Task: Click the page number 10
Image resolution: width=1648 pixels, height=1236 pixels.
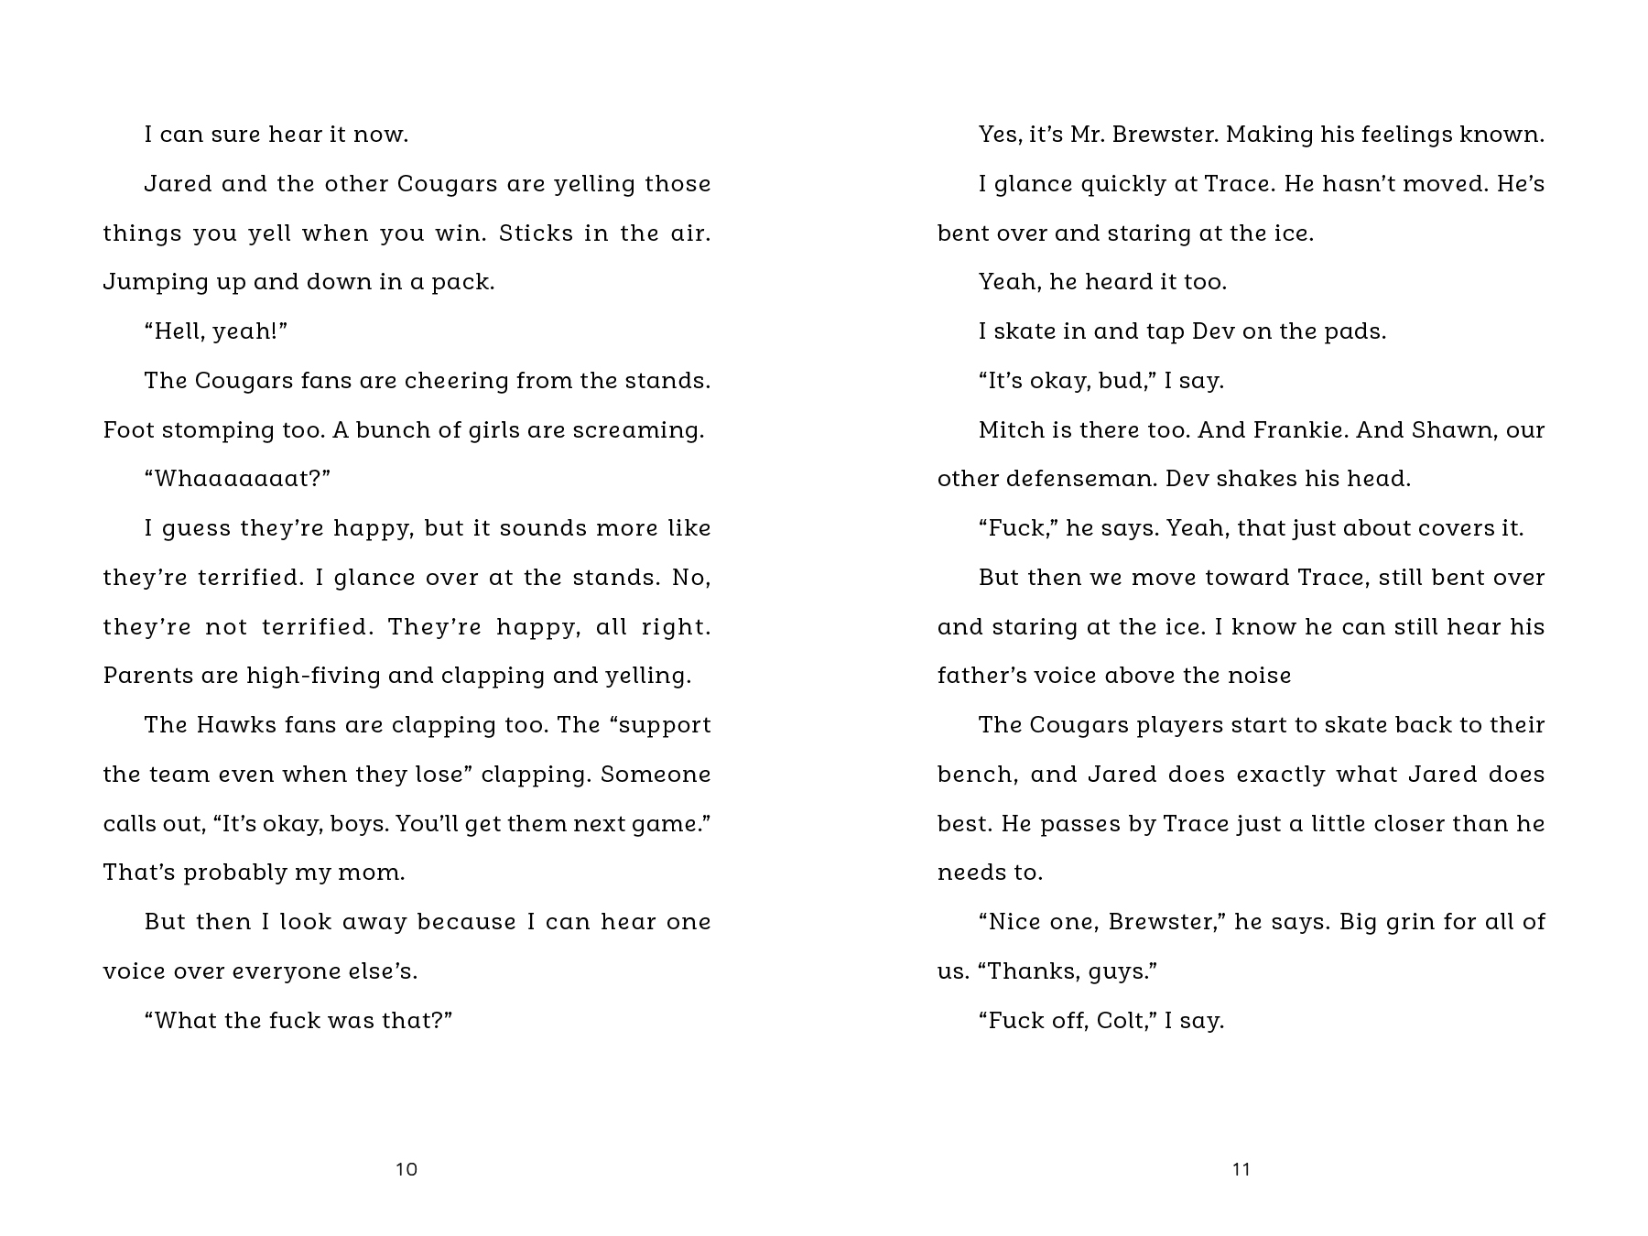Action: [407, 1169]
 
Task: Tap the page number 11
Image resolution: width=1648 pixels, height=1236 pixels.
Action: [1241, 1169]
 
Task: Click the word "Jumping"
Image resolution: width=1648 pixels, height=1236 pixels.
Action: [145, 282]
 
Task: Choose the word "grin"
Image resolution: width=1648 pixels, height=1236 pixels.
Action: [1410, 922]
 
